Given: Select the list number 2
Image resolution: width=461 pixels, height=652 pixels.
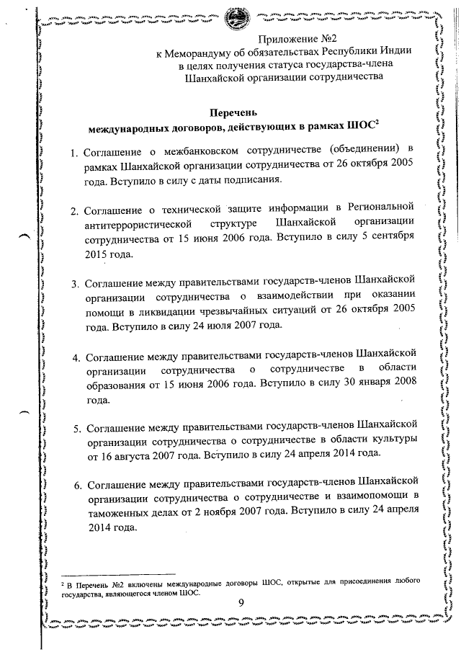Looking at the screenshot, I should [74, 212].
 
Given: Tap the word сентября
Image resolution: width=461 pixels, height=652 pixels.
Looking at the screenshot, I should [393, 236].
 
